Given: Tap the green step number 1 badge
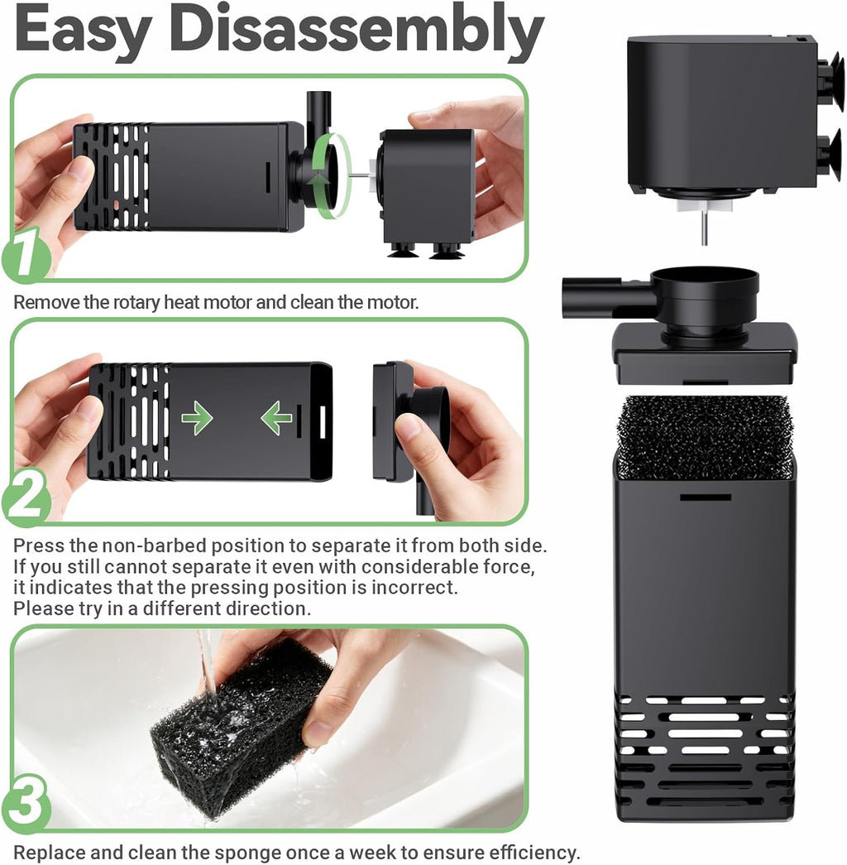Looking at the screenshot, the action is [x=25, y=255].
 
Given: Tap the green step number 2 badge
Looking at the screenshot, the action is [x=25, y=497].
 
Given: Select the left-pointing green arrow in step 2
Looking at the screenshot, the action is [x=276, y=418].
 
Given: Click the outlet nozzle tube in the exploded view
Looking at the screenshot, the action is [x=606, y=290].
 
